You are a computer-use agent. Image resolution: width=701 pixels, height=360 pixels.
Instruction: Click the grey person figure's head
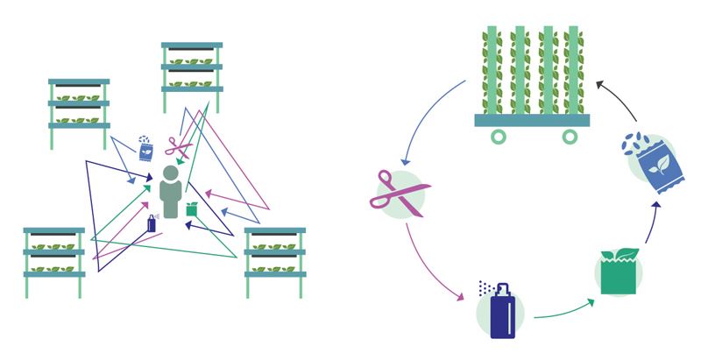[x=172, y=173]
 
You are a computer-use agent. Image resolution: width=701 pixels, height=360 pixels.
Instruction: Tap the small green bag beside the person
[x=191, y=210]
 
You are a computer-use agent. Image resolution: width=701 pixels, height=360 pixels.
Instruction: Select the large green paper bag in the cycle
[x=619, y=272]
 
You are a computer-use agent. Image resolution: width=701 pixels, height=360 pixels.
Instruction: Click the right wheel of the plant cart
[x=570, y=137]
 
